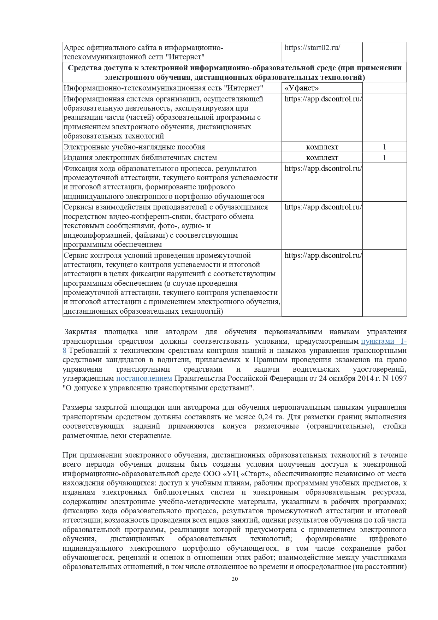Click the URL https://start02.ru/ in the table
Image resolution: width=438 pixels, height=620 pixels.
coord(312,48)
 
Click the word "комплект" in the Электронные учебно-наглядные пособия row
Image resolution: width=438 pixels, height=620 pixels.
coord(322,147)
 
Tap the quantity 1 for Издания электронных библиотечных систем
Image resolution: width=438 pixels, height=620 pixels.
coord(384,158)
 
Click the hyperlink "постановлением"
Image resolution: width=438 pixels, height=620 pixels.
coord(144,378)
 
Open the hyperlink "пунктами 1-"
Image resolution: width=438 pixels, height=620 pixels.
coord(384,341)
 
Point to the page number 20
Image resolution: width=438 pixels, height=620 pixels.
coord(235,579)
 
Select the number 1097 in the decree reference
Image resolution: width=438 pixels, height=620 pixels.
coord(399,378)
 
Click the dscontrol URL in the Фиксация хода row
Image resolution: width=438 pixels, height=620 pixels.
coord(323,169)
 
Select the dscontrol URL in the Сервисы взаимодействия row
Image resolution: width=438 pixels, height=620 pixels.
coord(323,207)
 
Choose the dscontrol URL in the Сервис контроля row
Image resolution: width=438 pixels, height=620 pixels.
coord(323,255)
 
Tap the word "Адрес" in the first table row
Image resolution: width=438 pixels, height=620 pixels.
coord(74,48)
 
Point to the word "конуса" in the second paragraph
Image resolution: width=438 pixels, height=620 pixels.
coord(234,426)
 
